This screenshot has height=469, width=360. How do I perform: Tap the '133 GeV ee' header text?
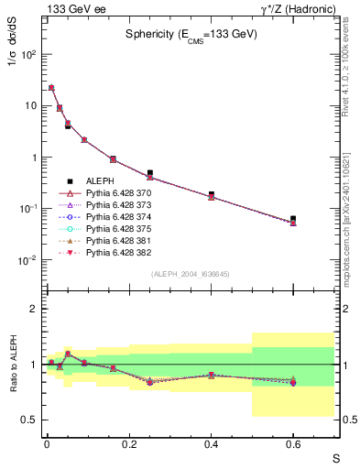click(x=69, y=8)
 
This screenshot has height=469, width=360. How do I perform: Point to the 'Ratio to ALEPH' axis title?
click(x=14, y=365)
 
